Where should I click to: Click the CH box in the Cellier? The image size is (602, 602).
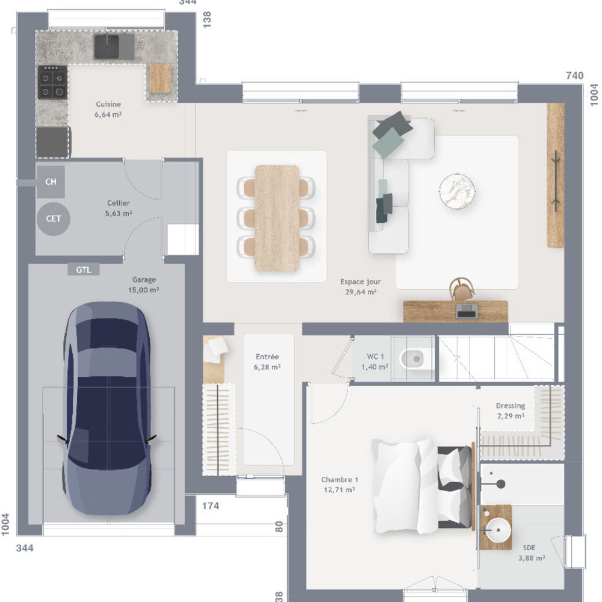tap(51, 182)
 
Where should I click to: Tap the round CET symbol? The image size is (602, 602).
tap(54, 219)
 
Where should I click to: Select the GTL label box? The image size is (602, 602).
tap(84, 270)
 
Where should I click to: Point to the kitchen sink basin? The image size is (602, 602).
tap(107, 46)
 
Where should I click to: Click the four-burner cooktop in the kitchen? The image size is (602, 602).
tap(52, 82)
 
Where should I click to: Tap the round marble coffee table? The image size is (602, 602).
tap(457, 191)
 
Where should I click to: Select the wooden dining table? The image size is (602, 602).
tap(277, 218)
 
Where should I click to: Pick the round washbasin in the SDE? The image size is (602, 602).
tap(498, 530)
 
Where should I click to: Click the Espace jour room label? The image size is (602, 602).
tap(361, 287)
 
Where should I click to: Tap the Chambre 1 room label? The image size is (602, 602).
tap(340, 485)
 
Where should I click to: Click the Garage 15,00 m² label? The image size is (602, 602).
tap(144, 285)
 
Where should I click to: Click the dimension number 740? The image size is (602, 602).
tap(574, 76)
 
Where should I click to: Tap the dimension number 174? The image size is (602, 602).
tap(210, 506)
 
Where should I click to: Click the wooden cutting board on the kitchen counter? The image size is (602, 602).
tap(160, 78)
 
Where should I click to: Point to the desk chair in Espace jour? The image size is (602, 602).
tap(462, 289)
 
